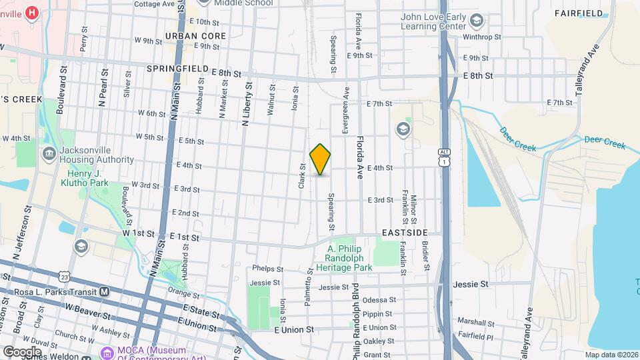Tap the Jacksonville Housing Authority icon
pos(49,154)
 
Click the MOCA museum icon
pos(105,352)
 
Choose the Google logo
pos(22,351)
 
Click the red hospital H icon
pos(31,12)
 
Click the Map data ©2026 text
pos(611,355)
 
